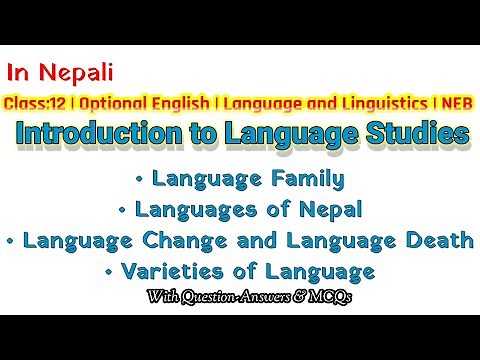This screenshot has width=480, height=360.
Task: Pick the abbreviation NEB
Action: (450, 102)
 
